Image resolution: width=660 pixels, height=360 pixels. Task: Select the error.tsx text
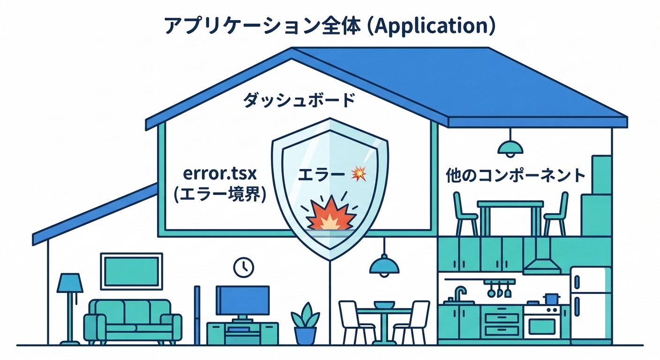click(220, 175)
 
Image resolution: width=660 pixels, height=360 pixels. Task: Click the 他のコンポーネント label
click(515, 176)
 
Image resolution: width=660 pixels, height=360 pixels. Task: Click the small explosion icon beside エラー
click(359, 174)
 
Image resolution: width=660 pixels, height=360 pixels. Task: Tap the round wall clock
click(243, 267)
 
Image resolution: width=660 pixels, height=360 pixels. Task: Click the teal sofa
click(133, 321)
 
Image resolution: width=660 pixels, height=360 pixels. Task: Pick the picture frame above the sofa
click(131, 271)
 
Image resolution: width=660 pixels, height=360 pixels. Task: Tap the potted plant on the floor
click(305, 323)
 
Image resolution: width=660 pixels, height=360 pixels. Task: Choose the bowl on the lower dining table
click(384, 305)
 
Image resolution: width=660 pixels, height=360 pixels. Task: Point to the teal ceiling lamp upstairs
click(510, 149)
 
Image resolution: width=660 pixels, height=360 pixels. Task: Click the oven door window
click(541, 326)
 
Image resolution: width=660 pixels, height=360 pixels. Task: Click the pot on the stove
click(551, 299)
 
